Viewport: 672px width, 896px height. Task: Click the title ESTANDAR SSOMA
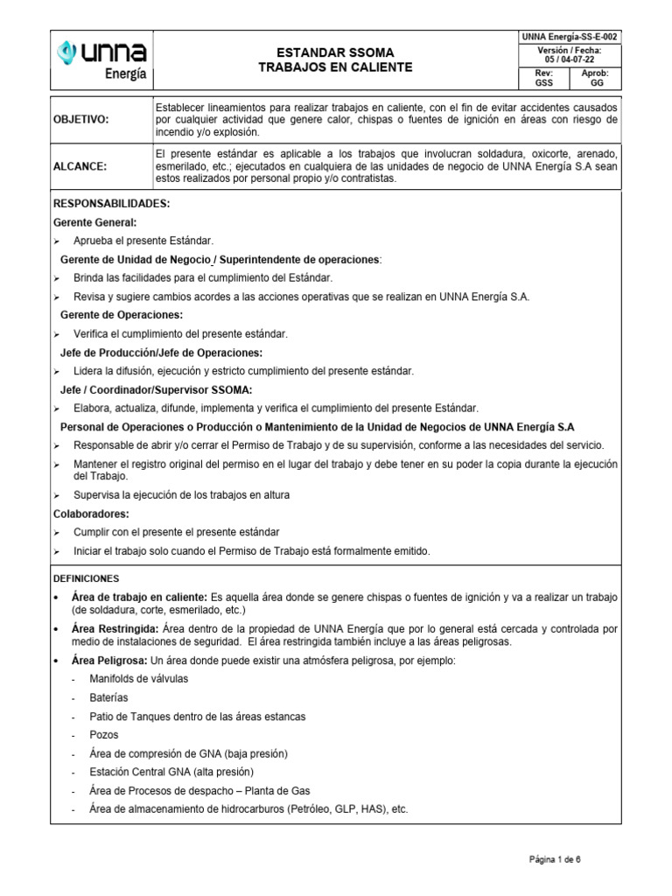coord(336,52)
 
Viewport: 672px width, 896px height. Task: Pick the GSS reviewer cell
coord(543,79)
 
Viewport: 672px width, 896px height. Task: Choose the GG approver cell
coord(597,79)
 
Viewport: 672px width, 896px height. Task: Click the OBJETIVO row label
coord(81,119)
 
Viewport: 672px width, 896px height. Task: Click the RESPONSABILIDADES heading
coord(111,204)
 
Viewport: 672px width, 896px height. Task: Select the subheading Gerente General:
coord(95,222)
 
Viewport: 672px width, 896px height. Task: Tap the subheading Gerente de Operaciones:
coord(122,314)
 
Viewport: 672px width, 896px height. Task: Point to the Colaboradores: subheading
coord(91,514)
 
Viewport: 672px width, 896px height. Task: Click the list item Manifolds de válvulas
coord(138,679)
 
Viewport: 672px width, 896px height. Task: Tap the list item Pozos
coord(103,735)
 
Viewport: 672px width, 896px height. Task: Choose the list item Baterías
coord(108,697)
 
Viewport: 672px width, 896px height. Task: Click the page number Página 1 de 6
coord(555,860)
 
